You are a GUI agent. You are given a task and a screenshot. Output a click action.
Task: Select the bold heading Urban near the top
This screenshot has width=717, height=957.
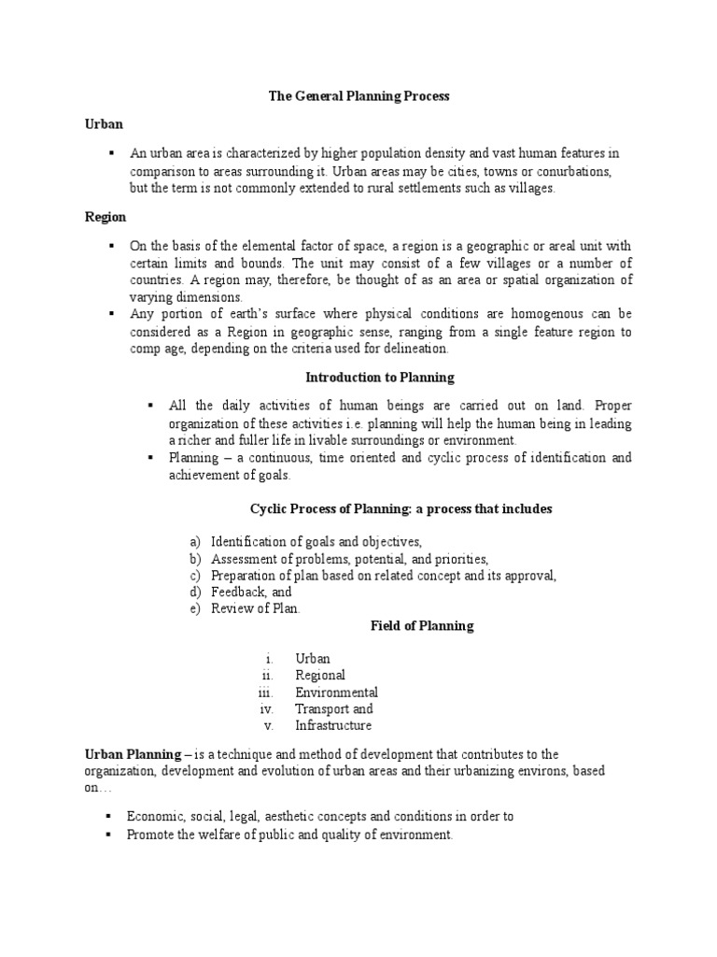[x=104, y=123]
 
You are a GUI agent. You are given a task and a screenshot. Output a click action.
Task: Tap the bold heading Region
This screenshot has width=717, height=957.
[x=105, y=217]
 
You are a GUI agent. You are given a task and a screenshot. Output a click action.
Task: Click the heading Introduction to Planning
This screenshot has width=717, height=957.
[x=380, y=378]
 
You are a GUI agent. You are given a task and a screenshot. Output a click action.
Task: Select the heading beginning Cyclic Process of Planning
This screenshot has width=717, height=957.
[x=401, y=509]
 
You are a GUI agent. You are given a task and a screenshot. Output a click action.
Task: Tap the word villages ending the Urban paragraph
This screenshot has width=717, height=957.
[x=532, y=189]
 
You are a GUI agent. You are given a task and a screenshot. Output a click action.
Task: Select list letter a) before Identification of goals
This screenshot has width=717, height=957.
[x=195, y=542]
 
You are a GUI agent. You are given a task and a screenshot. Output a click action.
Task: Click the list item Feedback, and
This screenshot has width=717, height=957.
[x=251, y=592]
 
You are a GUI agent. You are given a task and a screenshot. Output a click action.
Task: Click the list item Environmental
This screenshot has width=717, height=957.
[x=336, y=693]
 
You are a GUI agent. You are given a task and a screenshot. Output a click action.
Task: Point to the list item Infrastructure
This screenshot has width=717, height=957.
[x=333, y=725]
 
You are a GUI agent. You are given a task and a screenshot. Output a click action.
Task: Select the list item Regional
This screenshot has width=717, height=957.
[x=320, y=676]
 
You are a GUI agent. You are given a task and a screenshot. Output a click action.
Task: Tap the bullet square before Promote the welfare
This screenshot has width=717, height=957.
[x=111, y=835]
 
